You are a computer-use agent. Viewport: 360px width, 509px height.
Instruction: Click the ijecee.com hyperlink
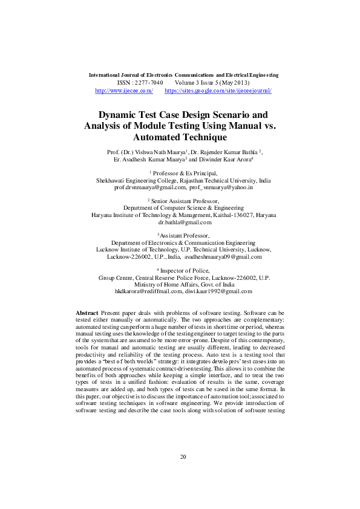124,90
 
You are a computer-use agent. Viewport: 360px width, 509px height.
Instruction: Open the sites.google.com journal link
218,90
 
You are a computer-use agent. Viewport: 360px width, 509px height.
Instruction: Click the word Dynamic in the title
120,114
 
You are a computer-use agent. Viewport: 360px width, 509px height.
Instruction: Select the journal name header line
183,75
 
